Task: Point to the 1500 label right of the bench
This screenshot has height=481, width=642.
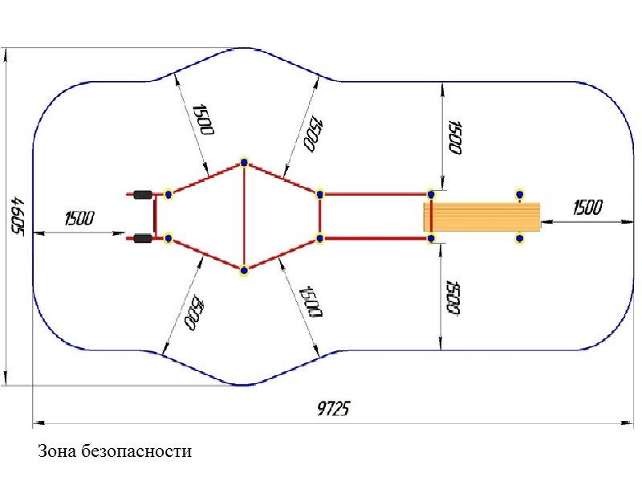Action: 587,208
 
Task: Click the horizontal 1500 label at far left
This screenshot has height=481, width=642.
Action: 79,218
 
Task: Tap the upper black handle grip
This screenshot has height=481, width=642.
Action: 143,194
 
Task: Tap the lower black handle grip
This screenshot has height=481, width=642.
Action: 143,238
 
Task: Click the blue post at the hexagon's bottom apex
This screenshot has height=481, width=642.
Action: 244,270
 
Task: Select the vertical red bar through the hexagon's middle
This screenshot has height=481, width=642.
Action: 244,216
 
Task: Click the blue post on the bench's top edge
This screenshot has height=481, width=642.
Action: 519,193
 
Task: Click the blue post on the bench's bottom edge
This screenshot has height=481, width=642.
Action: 519,238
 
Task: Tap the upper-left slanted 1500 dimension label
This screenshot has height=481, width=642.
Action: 201,119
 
